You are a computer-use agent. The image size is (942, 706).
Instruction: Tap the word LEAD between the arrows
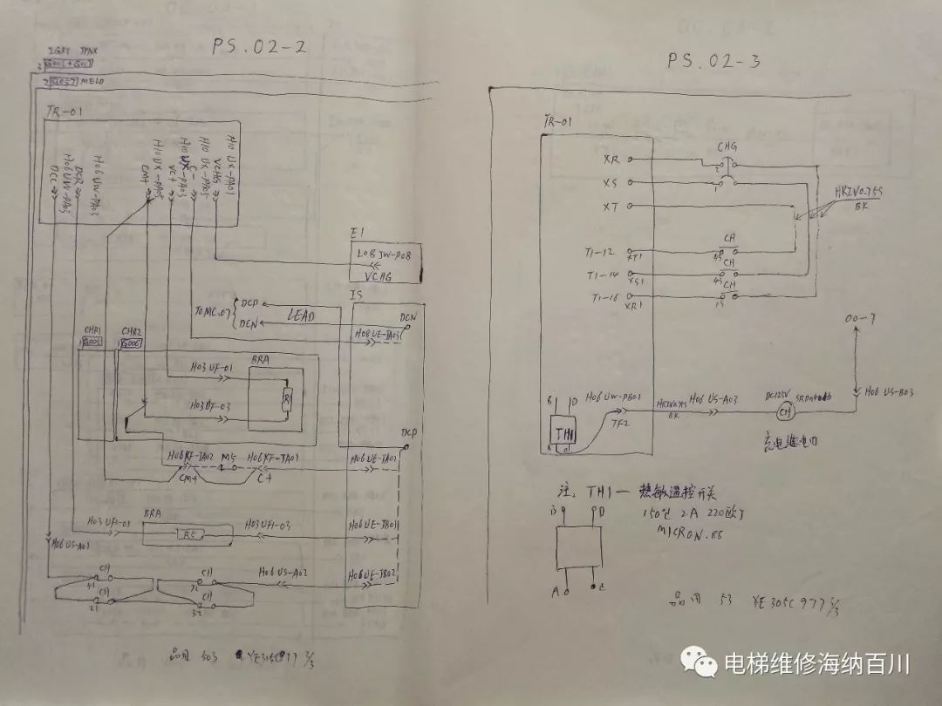tap(297, 316)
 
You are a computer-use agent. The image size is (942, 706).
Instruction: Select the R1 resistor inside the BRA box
tap(285, 402)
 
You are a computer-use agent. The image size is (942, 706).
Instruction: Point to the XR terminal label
tap(611, 160)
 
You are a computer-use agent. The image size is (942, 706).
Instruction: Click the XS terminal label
tap(611, 183)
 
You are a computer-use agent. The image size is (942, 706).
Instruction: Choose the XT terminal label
tap(611, 207)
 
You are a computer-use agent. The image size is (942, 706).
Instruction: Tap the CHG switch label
tap(727, 147)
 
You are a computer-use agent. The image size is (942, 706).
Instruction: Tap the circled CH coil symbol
tap(784, 411)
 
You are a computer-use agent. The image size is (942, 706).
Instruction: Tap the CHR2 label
tap(131, 332)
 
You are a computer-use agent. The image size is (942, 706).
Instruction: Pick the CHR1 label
tap(92, 332)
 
